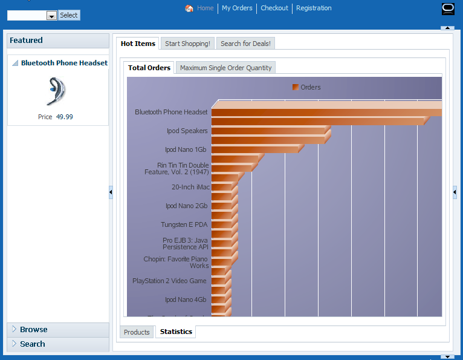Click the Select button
[x=69, y=15]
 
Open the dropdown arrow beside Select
[x=51, y=16]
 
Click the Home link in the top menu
[x=205, y=8]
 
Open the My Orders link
[x=237, y=8]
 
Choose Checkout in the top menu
[x=274, y=8]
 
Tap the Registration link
[x=314, y=8]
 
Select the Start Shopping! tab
[x=187, y=44]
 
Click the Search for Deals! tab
[x=245, y=44]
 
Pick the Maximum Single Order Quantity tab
[x=225, y=68]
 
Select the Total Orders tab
[x=149, y=68]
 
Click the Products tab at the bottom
[x=137, y=332]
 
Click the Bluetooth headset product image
[x=57, y=91]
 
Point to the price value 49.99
[x=65, y=117]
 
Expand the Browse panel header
[x=34, y=330]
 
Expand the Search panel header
[x=33, y=344]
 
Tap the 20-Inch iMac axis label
[x=190, y=188]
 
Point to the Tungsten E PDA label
[x=184, y=225]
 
